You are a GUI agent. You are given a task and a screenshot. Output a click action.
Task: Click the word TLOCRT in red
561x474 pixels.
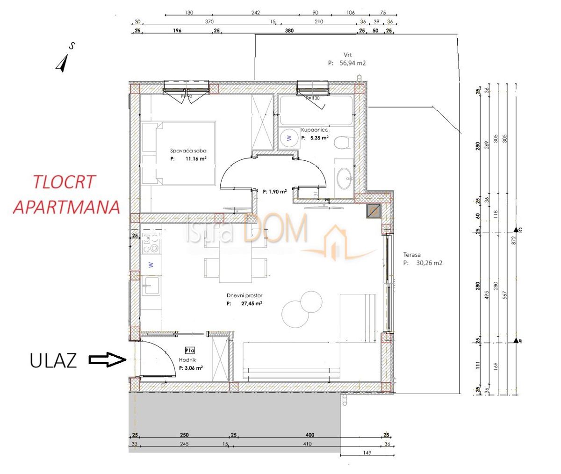65,182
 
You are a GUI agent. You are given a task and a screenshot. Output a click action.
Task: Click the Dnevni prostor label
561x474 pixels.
244,295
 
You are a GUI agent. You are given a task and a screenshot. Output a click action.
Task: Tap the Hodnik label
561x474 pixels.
187,360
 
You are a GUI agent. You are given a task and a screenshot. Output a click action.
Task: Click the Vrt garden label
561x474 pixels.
347,55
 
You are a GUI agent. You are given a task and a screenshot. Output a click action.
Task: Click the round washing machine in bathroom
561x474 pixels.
289,137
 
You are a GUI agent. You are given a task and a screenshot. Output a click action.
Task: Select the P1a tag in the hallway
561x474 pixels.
189,350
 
